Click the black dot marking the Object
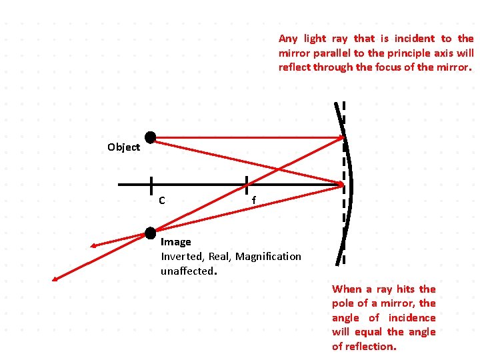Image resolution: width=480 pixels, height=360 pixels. point(151,137)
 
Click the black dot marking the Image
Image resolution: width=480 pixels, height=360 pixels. point(151,232)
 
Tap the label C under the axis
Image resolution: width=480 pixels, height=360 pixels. point(162,199)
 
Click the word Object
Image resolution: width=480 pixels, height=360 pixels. point(123,147)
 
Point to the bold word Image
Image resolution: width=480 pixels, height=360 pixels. point(175,242)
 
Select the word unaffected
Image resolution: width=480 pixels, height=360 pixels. point(187,271)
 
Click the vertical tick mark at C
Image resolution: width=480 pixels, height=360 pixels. point(151,185)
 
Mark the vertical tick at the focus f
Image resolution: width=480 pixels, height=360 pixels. point(247,185)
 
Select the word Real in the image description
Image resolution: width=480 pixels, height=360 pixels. point(219,256)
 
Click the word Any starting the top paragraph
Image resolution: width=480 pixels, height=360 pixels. point(288,39)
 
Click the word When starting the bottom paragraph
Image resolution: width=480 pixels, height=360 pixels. point(347,289)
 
